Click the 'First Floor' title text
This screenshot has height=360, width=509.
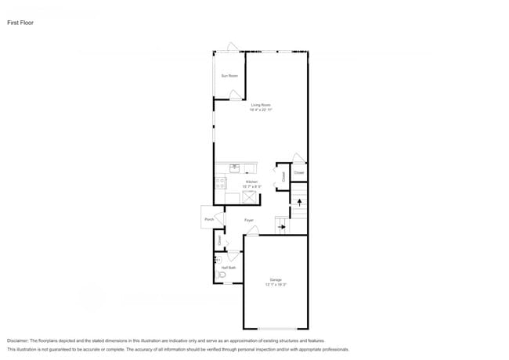tap(20, 23)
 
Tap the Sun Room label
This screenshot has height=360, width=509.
tap(229, 76)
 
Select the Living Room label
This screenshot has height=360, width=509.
tap(261, 105)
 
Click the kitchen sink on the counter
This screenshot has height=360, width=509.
tap(236, 167)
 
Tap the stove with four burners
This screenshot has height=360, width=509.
tap(220, 184)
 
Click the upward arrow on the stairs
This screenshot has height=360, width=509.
tap(299, 202)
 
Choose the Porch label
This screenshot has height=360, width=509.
tap(209, 219)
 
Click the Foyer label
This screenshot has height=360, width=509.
tap(248, 220)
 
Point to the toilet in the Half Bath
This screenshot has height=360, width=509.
tap(222, 275)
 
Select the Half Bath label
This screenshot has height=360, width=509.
tap(228, 268)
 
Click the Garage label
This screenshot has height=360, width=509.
tap(276, 279)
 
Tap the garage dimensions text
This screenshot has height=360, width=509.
tap(276, 285)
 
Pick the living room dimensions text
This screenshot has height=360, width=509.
tap(261, 110)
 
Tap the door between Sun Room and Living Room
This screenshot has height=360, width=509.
tap(235, 95)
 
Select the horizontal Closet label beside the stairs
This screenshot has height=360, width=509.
tap(298, 172)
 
